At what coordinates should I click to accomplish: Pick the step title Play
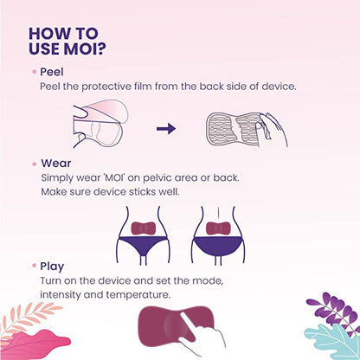point(52,267)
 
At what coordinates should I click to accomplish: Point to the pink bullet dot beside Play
point(34,267)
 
